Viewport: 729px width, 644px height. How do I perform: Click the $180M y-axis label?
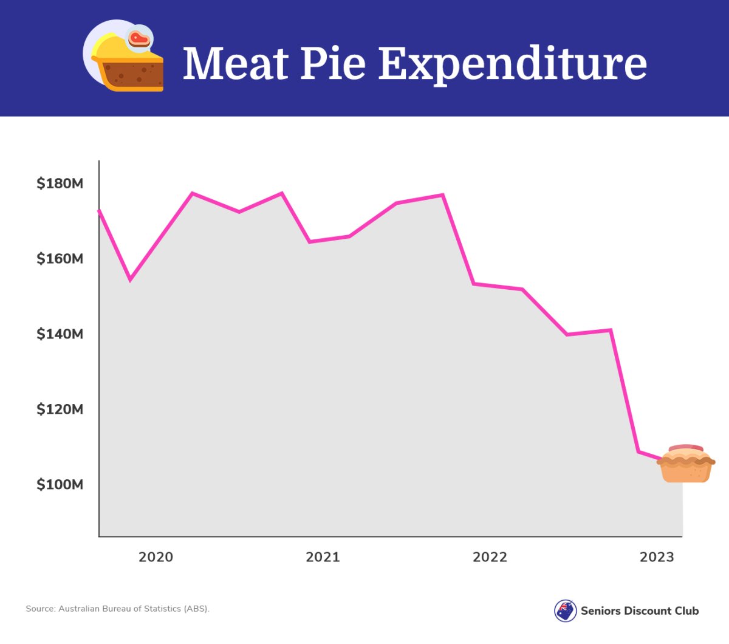[60, 183]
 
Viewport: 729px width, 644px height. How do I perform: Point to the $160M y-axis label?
[60, 259]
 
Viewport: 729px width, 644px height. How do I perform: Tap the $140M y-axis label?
[60, 334]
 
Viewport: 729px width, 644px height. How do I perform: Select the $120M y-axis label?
[60, 409]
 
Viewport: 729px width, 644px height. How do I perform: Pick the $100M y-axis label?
[60, 485]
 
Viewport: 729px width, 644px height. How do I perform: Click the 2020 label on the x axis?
[156, 557]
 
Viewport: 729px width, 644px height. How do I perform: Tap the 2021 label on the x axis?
[323, 557]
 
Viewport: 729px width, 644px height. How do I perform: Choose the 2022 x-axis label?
[490, 557]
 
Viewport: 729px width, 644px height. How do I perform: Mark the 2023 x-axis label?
[657, 557]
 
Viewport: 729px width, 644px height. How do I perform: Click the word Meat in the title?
[236, 63]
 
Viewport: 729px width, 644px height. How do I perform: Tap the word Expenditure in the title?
[513, 64]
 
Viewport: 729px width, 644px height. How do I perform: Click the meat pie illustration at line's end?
[686, 464]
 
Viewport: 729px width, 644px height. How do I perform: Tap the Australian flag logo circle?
[566, 611]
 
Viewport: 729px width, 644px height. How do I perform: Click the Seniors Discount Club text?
[640, 611]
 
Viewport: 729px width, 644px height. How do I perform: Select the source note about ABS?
[117, 609]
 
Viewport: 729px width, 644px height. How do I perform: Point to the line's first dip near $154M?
[130, 280]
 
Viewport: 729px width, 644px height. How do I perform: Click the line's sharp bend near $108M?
[638, 451]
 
